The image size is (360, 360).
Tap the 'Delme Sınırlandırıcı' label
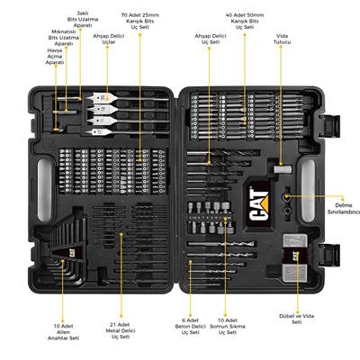(x=340, y=208)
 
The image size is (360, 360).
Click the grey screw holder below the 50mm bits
(x=281, y=167)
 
